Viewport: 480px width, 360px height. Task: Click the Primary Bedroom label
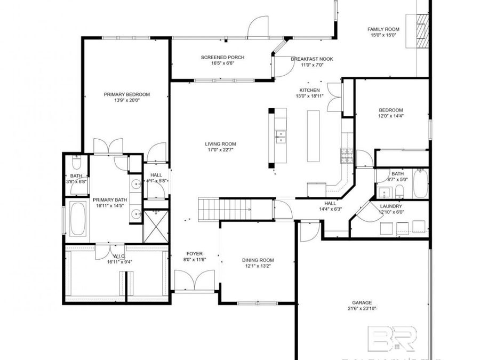coord(126,94)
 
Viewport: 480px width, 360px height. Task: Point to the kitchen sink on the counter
coord(279,137)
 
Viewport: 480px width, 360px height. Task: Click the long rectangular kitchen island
coord(313,137)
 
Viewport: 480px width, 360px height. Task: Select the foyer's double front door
coord(196,280)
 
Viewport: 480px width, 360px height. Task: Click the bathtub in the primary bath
coord(77,219)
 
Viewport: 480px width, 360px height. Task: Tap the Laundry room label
coord(390,206)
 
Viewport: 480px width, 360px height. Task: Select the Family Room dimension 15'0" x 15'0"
coord(383,36)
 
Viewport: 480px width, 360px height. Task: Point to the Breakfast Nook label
coord(312,59)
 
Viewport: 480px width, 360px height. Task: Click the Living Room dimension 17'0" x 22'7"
coord(220,150)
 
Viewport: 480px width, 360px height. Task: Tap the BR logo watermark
coord(394,339)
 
